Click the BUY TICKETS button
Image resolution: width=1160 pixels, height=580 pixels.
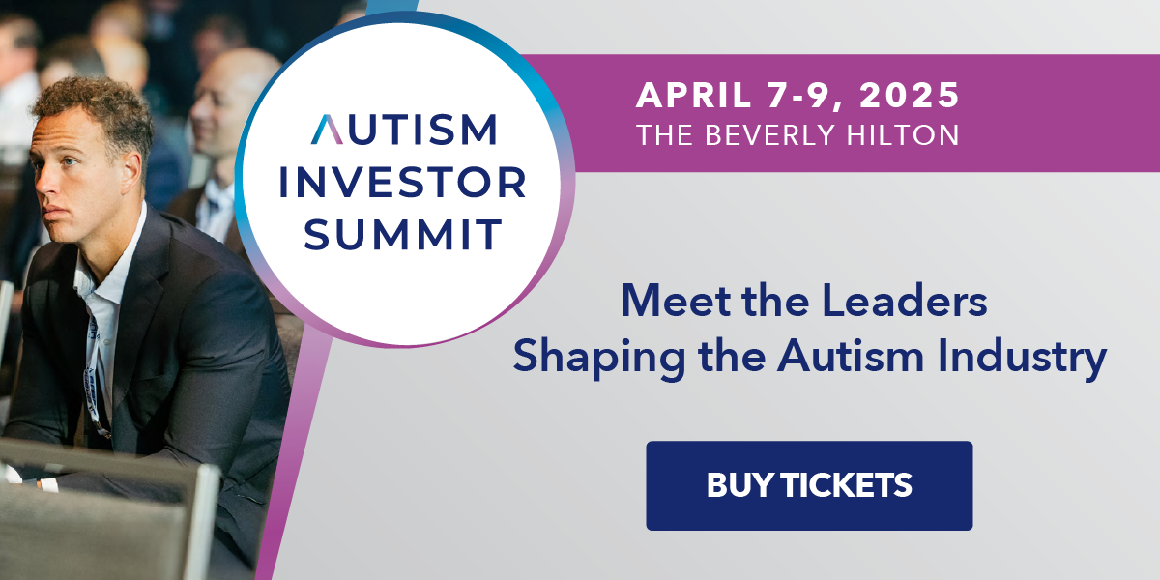[809, 485]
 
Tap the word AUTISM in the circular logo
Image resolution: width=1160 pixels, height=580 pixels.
[404, 129]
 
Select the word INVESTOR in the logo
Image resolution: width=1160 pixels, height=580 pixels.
[403, 183]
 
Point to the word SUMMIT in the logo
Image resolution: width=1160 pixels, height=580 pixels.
[402, 235]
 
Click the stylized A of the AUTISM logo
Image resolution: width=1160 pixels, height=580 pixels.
[327, 129]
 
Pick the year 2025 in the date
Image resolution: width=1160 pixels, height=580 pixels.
[910, 96]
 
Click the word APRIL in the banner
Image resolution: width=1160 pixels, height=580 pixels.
[693, 96]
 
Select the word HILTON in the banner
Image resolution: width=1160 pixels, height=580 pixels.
[903, 134]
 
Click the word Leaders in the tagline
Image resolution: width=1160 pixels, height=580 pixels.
[905, 300]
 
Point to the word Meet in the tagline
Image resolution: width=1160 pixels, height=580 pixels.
[677, 300]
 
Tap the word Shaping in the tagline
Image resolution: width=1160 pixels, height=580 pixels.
[599, 357]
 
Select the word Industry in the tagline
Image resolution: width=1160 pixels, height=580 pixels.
[1022, 357]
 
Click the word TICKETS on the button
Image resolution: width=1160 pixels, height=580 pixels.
[847, 485]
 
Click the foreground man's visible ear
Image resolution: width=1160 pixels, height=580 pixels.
[130, 168]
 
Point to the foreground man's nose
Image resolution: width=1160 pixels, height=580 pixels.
[45, 183]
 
